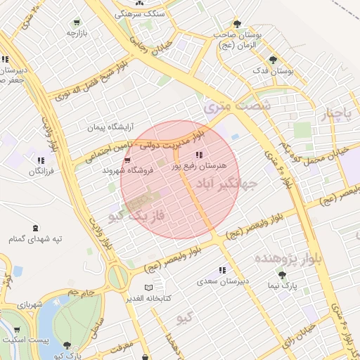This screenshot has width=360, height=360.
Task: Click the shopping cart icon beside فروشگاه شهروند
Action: (x=127, y=160)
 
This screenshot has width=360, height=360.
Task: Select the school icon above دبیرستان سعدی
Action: (x=222, y=271)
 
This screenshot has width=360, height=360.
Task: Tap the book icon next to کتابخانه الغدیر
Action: (x=148, y=288)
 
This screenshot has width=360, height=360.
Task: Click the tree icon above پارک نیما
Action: (x=282, y=276)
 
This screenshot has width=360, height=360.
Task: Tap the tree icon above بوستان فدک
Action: (x=273, y=60)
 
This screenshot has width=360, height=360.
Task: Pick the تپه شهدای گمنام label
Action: (x=35, y=240)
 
